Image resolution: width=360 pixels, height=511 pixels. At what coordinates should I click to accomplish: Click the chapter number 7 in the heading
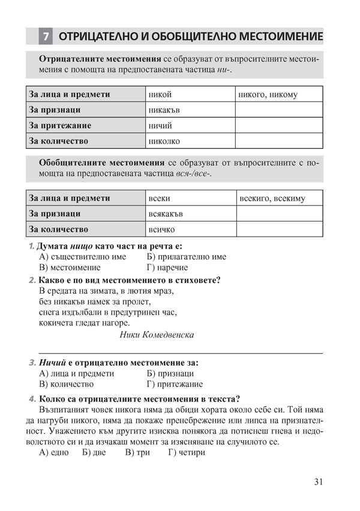coord(46,37)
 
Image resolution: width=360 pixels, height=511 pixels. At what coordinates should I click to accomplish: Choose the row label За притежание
coord(60,125)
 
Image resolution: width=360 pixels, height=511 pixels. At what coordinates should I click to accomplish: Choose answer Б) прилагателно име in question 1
coord(186,256)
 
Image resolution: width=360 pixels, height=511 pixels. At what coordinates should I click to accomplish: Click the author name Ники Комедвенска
coord(157,334)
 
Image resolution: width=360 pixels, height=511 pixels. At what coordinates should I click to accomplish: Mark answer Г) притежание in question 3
coord(175,384)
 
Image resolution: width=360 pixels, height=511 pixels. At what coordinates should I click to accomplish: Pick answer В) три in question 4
coord(137,452)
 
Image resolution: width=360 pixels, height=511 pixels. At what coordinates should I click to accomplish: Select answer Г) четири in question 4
coord(187,452)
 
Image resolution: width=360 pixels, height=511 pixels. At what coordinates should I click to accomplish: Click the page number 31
coord(318,482)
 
